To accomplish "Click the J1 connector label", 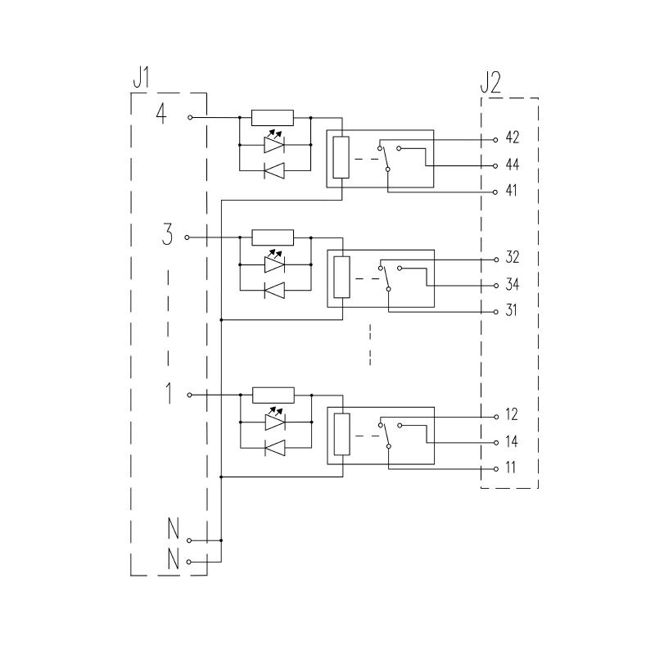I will [141, 79].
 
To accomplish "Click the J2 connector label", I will [490, 83].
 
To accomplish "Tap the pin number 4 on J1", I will [161, 115].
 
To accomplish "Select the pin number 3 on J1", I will [167, 236].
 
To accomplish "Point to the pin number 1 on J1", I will [169, 394].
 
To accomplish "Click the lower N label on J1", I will [173, 561].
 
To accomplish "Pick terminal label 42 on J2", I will [513, 138].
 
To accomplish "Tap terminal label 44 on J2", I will [513, 165].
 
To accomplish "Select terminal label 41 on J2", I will [512, 191].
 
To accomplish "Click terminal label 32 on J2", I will [513, 258].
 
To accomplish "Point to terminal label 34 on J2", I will [513, 285].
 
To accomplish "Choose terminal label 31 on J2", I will [512, 311].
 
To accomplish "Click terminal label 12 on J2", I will [512, 415].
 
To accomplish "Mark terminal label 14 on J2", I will [512, 442].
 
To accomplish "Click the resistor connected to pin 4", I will [272, 117].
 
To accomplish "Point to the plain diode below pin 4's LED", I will [274, 170].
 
